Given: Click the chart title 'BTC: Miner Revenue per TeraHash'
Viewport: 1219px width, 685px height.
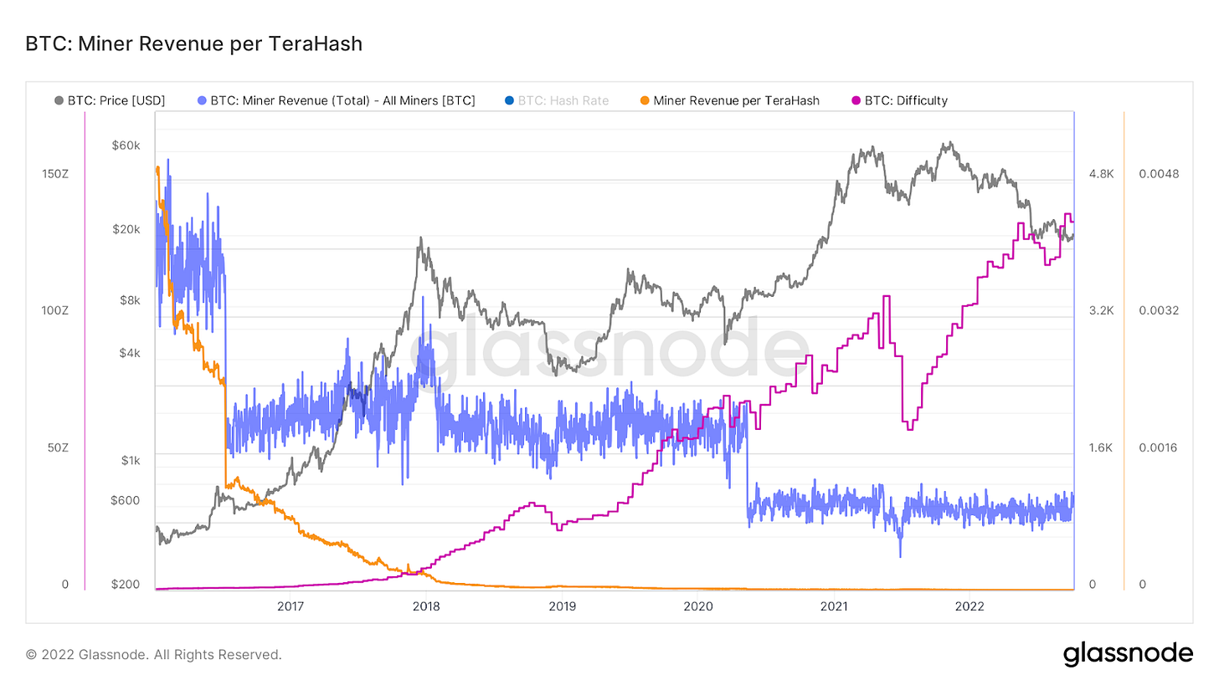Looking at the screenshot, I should (194, 44).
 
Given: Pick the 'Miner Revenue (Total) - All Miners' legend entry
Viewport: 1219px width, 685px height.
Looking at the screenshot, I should (342, 100).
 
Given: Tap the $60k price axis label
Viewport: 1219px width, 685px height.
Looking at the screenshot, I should (126, 146).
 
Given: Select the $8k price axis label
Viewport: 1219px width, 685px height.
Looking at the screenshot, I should (129, 300).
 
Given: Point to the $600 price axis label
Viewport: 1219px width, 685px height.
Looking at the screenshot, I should (126, 500).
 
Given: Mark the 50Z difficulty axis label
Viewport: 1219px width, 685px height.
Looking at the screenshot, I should (58, 447).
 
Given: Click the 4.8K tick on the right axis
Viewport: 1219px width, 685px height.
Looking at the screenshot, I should (1101, 174).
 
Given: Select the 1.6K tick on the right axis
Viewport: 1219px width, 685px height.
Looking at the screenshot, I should (1101, 447).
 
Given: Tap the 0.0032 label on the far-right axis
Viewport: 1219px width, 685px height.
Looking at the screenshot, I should (1159, 310).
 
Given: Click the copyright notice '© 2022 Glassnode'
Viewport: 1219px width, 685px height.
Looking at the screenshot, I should (154, 654).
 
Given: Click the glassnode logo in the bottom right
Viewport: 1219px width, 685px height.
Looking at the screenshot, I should (1128, 653).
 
